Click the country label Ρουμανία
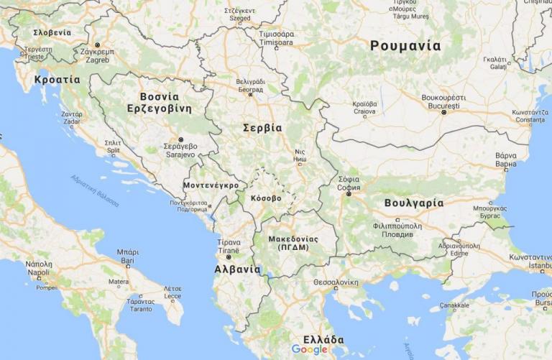click(x=405, y=46)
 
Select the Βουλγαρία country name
click(x=413, y=203)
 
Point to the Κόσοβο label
click(x=266, y=198)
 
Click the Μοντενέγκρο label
click(x=211, y=185)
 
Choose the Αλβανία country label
click(x=237, y=269)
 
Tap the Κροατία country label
click(x=57, y=80)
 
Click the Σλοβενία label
click(x=52, y=32)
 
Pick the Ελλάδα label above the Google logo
click(x=323, y=339)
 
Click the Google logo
click(x=309, y=350)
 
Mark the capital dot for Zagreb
click(x=98, y=45)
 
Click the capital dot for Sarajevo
click(x=181, y=139)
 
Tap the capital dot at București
click(x=444, y=112)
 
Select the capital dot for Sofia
click(x=349, y=193)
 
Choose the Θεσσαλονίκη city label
click(x=336, y=282)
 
